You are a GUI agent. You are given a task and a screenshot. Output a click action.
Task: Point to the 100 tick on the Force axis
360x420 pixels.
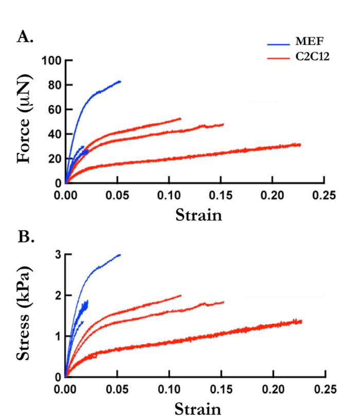tap(52, 61)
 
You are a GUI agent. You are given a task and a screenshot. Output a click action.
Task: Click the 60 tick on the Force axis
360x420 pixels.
tap(55, 109)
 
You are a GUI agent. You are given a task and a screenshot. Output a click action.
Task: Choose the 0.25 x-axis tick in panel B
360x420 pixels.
tap(323, 389)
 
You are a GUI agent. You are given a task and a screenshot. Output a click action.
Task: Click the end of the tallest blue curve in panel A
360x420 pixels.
tap(120, 81)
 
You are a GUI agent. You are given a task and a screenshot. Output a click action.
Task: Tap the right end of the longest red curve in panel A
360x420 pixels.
tap(300, 144)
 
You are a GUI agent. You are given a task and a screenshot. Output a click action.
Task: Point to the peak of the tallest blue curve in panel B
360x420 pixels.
tap(120, 254)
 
